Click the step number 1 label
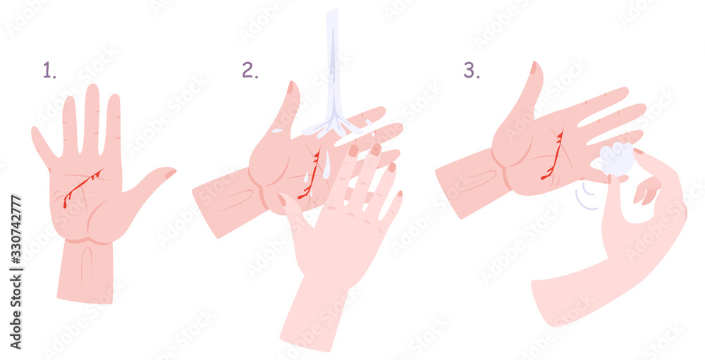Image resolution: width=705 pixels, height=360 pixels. (x=49, y=70)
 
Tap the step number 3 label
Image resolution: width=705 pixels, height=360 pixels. (x=471, y=70)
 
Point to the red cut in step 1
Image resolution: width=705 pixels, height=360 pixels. (x=80, y=187)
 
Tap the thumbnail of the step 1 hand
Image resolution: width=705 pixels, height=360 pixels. (x=170, y=173)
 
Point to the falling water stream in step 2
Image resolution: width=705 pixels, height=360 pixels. (x=332, y=63)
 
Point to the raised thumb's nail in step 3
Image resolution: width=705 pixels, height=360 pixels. (x=534, y=68)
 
